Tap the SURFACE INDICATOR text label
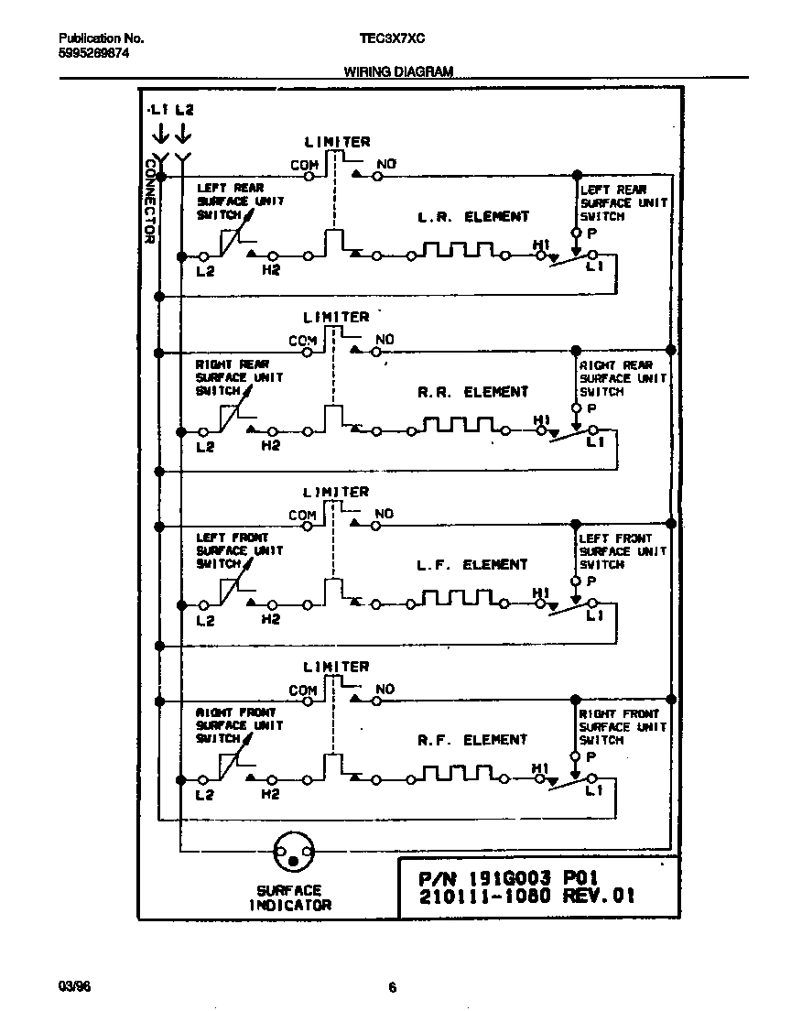point(289,897)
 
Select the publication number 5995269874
point(93,54)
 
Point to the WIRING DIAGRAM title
point(398,71)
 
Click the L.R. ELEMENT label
point(473,217)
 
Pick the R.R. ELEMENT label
point(473,392)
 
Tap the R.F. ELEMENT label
point(473,739)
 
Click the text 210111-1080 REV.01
point(526,897)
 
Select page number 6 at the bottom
point(392,987)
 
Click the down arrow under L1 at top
point(159,135)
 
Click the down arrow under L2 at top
point(183,135)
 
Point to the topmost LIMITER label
point(337,142)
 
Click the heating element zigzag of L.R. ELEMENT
point(457,251)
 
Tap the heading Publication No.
point(101,39)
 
